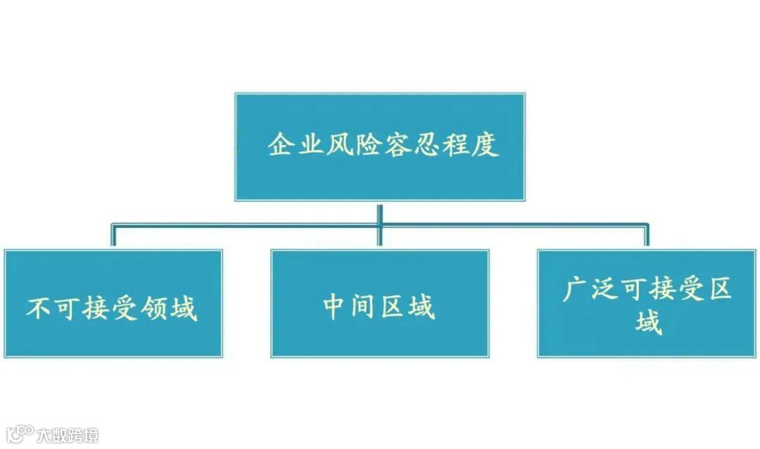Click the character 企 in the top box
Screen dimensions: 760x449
(x=281, y=146)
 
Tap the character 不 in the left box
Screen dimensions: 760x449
(x=39, y=308)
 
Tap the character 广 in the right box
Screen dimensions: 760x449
(x=575, y=290)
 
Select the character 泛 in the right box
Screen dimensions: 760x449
(x=604, y=290)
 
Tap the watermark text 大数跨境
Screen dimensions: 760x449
(x=68, y=434)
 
